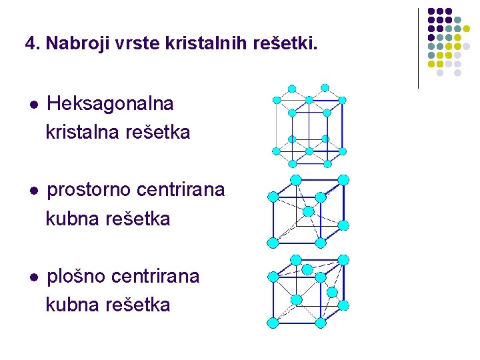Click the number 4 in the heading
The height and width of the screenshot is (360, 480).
pyautogui.click(x=30, y=44)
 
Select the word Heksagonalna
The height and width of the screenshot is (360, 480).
pyautogui.click(x=111, y=104)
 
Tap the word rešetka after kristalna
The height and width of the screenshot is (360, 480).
pyautogui.click(x=157, y=133)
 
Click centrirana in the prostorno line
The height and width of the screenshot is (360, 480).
pyautogui.click(x=181, y=191)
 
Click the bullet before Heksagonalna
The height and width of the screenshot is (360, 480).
pyautogui.click(x=33, y=105)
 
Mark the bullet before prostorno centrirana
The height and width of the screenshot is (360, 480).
pyautogui.click(x=33, y=191)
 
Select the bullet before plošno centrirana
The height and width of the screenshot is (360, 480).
pyautogui.click(x=33, y=277)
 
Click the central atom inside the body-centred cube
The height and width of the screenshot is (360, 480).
pyautogui.click(x=308, y=211)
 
